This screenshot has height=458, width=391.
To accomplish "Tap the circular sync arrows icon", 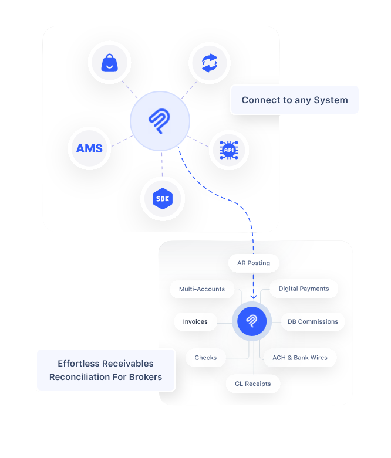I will (209, 62).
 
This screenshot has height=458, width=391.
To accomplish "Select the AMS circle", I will (89, 148).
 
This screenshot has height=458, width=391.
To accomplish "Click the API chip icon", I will (228, 150).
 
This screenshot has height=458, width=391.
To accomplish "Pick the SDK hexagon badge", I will (163, 199).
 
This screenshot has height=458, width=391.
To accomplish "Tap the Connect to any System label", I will (294, 100).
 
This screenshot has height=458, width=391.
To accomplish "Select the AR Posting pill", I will (254, 263).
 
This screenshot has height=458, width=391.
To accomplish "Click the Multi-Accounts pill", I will (202, 289).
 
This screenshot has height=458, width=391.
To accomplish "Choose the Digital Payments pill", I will (304, 289).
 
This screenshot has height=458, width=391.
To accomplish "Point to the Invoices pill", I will (195, 321).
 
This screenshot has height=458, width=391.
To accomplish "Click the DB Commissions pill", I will (312, 321).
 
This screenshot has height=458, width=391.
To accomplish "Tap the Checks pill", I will (205, 358).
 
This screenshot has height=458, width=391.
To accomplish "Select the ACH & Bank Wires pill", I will (300, 358).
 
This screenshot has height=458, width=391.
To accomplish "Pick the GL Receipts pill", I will (253, 384).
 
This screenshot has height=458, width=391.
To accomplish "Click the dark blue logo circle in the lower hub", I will (252, 321).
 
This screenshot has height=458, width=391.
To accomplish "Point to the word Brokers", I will (144, 377).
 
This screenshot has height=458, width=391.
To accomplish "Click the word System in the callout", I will (331, 100).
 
